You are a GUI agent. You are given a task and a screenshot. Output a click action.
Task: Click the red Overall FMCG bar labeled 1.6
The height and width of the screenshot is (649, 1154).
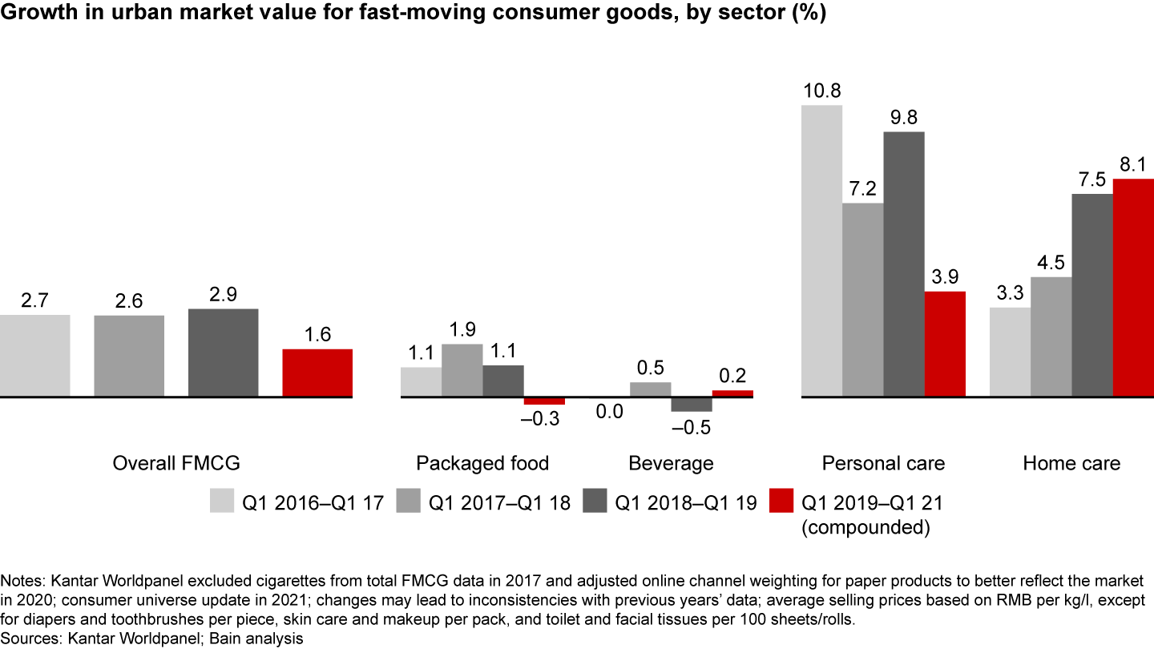[317, 373]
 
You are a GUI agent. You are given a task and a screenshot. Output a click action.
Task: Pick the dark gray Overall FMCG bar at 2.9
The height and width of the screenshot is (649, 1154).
[223, 353]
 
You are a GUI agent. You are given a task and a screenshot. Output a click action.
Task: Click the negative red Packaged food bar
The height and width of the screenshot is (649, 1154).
[544, 401]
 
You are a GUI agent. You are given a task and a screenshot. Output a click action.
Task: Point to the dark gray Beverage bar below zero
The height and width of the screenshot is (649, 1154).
[692, 404]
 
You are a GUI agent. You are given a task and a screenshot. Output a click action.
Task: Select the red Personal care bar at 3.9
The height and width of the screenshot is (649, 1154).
[945, 344]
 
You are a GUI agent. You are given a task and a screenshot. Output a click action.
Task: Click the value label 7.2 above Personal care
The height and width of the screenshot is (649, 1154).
[862, 189]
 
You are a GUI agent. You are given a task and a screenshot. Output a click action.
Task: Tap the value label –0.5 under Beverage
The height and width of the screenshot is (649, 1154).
[691, 427]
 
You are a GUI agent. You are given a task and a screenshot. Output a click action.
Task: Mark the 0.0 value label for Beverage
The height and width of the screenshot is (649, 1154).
[610, 413]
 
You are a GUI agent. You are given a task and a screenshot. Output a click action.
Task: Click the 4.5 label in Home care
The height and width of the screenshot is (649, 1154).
[1051, 263]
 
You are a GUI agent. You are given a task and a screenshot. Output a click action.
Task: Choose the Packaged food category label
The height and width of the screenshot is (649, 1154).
[482, 463]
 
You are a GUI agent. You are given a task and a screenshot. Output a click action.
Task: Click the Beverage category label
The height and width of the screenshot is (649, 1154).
[671, 463]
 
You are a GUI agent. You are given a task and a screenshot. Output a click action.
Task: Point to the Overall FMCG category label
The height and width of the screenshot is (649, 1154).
[176, 463]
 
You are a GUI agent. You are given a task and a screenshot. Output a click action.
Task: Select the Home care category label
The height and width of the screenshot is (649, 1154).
[1071, 463]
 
